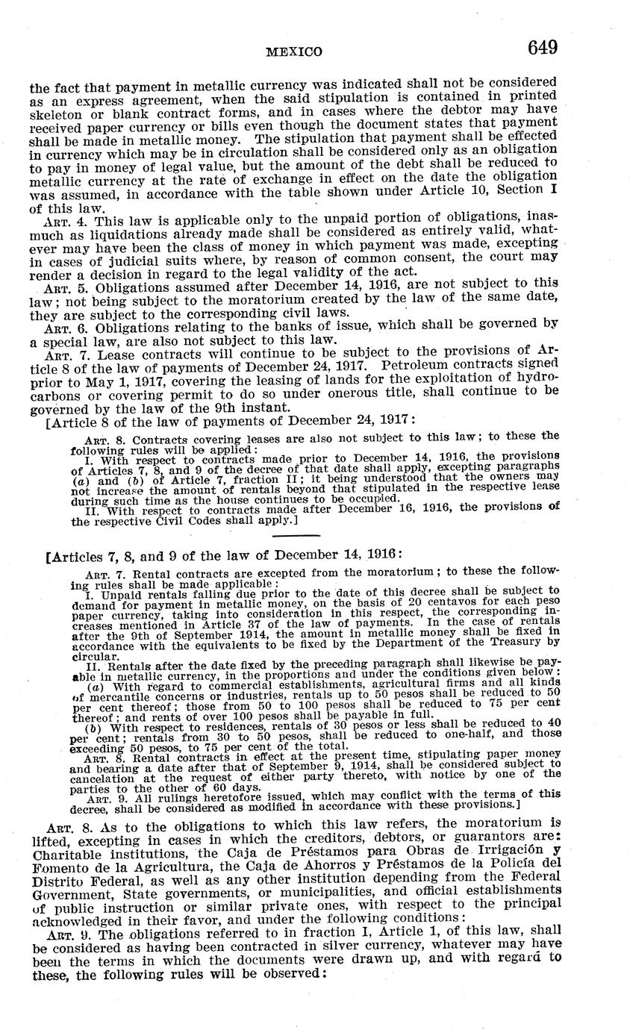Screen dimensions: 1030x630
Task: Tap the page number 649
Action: (543, 49)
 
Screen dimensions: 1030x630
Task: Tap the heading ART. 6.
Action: (58, 326)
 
